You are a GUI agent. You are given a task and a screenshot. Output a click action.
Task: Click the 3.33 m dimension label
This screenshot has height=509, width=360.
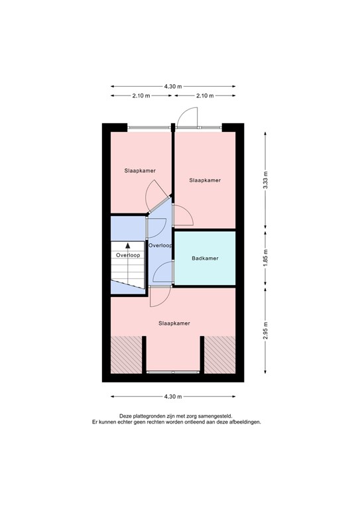point(265,180)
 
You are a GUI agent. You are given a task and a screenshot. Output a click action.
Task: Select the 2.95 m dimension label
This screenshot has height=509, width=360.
point(265,330)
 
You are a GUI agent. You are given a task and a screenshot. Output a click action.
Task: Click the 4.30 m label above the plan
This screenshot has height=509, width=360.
point(173,86)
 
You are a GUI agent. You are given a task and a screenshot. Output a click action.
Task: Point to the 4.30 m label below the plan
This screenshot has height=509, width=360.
point(173,397)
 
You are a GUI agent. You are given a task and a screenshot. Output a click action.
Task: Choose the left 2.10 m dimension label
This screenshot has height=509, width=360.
point(141,96)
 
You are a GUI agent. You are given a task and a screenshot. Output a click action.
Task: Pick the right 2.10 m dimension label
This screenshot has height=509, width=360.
point(206,96)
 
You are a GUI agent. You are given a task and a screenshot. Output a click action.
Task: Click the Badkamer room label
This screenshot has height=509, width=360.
point(205,258)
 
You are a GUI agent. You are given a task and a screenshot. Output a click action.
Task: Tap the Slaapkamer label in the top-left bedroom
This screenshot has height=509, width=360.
point(140,171)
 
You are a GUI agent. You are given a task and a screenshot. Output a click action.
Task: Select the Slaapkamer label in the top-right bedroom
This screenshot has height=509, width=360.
point(205,180)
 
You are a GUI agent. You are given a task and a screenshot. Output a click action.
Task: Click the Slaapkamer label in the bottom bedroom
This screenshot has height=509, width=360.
point(174,323)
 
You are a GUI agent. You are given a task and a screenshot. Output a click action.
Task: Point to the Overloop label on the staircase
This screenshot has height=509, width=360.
point(127,255)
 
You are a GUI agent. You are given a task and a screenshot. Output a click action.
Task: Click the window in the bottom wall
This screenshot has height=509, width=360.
point(173,372)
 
